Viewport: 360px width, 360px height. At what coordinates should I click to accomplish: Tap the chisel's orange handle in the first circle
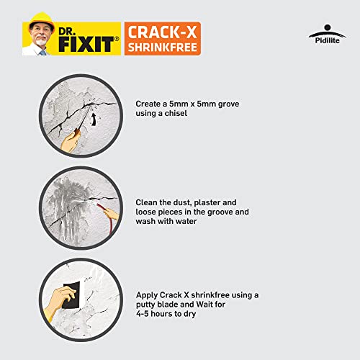click(x=72, y=139)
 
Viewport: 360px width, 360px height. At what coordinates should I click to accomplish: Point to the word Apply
click(x=148, y=295)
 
